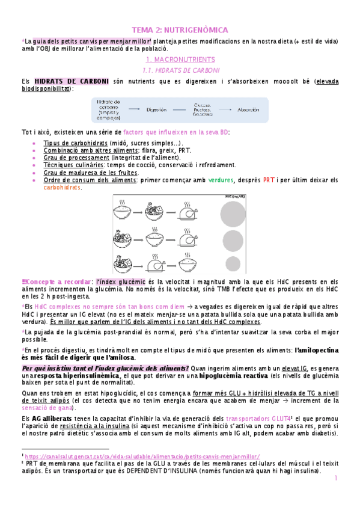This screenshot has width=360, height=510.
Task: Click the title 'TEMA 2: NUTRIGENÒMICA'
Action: click(x=180, y=29)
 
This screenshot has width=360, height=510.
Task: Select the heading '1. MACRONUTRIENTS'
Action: click(x=180, y=60)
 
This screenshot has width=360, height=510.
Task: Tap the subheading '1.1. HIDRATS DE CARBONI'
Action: click(x=180, y=70)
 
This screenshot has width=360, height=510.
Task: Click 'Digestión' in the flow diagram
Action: click(x=156, y=109)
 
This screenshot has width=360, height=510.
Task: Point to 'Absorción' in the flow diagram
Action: click(x=249, y=109)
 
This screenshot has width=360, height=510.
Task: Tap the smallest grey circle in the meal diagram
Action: click(x=233, y=263)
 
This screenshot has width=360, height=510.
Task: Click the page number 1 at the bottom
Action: click(x=337, y=479)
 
